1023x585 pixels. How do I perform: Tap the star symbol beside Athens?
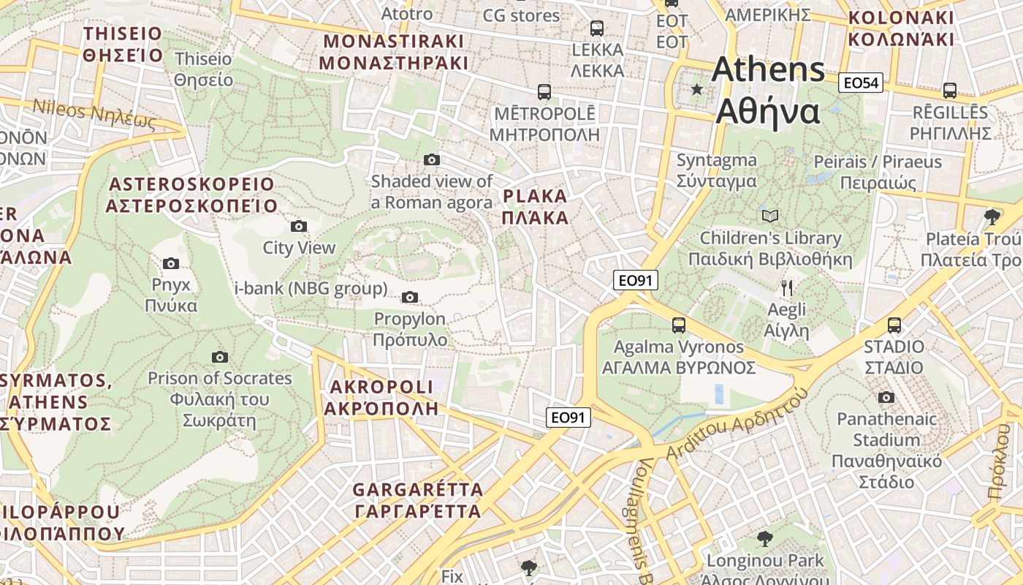pos(697,89)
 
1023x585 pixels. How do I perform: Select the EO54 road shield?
pos(860,83)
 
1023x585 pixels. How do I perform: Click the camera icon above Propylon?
pos(410,297)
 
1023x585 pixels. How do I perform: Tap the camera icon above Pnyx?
pos(171,263)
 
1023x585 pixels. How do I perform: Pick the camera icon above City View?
pos(298,226)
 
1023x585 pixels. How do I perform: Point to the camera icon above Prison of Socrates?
pos(219,357)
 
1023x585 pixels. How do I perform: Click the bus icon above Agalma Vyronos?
pos(679,325)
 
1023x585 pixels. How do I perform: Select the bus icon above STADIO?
pos(894,325)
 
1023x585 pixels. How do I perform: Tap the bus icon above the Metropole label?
pos(544,91)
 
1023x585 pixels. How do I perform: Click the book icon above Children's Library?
pos(770,216)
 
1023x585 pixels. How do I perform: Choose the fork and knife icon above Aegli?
pos(786,287)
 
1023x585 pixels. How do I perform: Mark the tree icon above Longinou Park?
pos(764,539)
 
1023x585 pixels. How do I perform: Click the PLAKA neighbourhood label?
pos(536,207)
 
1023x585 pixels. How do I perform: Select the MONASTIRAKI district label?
pos(393,51)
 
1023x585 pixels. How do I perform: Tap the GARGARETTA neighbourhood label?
pos(418,500)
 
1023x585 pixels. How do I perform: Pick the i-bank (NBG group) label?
pos(311,289)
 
